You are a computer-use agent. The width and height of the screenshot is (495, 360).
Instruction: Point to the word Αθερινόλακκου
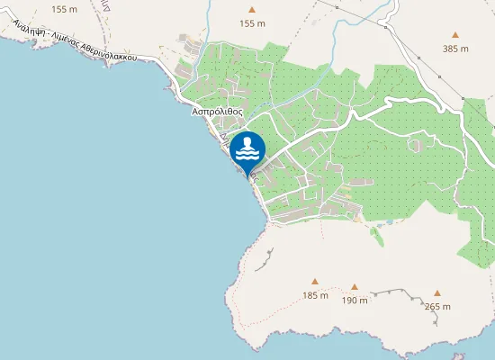point(109,54)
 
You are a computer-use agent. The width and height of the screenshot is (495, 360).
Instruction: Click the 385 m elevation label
point(456,49)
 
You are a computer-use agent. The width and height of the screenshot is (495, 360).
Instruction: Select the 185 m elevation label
point(315,295)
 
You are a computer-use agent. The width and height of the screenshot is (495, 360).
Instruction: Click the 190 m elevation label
point(355,301)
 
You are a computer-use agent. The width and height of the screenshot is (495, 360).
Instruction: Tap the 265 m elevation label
point(437,306)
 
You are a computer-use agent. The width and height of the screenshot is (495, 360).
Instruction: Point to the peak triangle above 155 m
point(253,11)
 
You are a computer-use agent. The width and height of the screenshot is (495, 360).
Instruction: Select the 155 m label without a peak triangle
point(65,9)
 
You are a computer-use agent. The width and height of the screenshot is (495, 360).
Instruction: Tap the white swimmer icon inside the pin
point(247,147)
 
